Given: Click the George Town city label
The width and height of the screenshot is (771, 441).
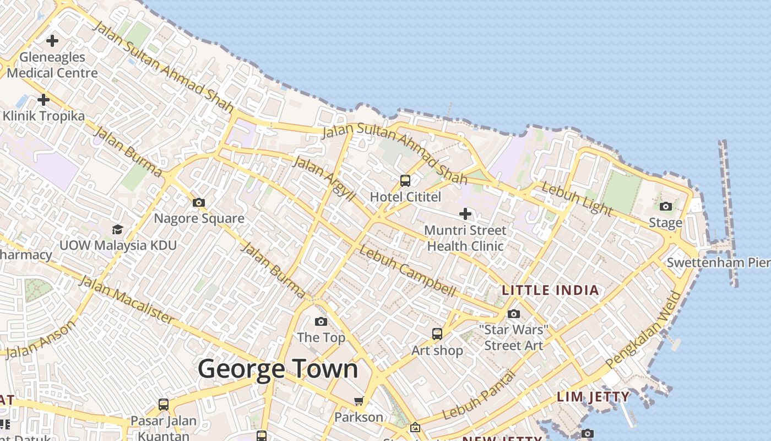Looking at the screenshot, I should coord(278,368).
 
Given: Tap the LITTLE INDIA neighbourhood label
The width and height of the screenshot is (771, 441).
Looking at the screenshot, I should coord(550,291).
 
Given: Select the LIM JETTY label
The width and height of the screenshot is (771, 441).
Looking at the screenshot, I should coord(593,397).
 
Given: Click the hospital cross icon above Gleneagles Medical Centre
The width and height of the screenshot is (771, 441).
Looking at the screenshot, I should coord(52,41).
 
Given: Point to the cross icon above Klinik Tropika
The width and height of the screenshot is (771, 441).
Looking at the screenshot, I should coord(43,100).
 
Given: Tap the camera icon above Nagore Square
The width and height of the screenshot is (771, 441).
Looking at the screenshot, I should coord(199,203).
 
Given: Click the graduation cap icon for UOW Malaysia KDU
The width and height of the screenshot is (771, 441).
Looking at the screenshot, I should coord(117,229).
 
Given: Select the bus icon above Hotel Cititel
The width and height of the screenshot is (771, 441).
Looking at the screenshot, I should coord(405,181).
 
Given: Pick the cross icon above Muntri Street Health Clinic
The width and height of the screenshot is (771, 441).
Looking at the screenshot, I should coord(465,213).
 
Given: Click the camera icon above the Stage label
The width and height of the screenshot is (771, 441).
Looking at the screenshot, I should coord(666,207).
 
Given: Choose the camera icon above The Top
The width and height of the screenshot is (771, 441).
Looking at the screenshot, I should coord(321,322).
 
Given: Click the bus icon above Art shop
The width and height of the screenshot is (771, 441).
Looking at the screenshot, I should coord(437,334).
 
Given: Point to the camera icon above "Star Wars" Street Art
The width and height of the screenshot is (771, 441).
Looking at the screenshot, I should coord(514,314).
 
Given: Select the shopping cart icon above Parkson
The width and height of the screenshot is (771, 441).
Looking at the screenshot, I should coord(359,401).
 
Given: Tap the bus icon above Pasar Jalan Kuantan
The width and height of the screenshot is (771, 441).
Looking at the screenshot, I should coord(164,405).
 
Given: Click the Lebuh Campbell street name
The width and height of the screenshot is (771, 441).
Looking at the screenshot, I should coord(408,271).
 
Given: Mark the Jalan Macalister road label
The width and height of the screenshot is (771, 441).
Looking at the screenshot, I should coord(126,299).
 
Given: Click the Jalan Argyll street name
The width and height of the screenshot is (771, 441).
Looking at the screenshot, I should coord(324,178).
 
